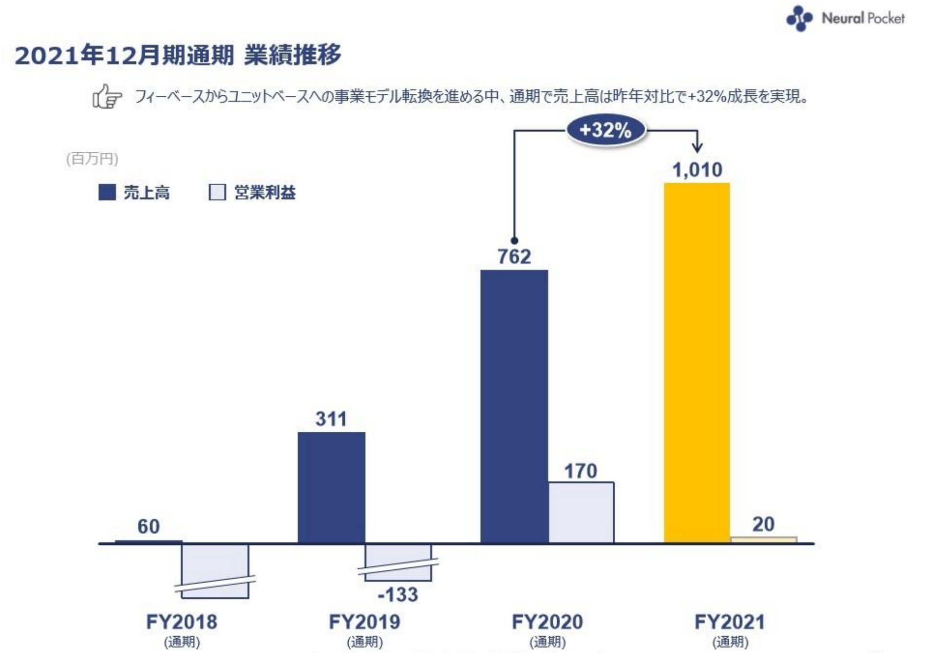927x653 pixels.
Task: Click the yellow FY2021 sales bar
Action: [x=697, y=362]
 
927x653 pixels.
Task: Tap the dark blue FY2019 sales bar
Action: [x=331, y=487]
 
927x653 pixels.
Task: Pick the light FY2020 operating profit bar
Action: [x=581, y=512]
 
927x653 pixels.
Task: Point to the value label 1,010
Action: [x=697, y=170]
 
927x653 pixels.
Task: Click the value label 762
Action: [x=514, y=257]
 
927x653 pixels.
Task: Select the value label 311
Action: [x=331, y=419]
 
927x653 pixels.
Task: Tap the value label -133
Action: [x=398, y=595]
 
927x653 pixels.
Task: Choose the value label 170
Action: [x=581, y=472]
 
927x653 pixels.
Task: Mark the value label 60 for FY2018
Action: [x=149, y=527]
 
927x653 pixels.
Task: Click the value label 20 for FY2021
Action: [x=763, y=525]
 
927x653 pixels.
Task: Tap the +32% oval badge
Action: [x=606, y=130]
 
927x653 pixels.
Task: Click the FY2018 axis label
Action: [x=182, y=622]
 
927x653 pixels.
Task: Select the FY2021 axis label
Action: [x=730, y=622]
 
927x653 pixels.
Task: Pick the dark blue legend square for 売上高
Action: [x=107, y=192]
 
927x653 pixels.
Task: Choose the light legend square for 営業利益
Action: [x=217, y=192]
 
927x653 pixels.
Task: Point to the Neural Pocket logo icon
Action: [x=799, y=18]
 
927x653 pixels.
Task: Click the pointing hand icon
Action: [x=107, y=96]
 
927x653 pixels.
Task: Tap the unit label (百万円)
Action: [x=92, y=158]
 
